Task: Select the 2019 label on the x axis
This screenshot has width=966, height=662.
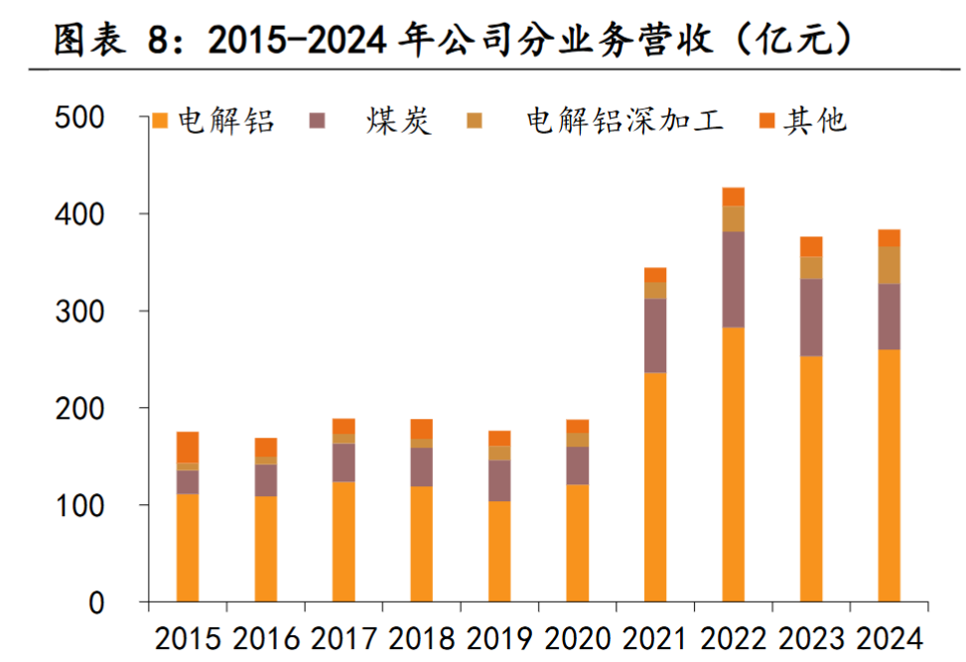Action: coord(498,635)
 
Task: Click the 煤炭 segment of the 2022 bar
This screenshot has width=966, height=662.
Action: coord(734,279)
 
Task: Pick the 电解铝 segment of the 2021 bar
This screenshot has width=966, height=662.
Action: coord(655,486)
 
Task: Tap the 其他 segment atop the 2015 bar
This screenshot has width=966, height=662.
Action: coord(188,447)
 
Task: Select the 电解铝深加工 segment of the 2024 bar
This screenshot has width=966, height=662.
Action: coord(889,265)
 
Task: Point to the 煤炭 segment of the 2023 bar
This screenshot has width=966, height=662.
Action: coord(811,317)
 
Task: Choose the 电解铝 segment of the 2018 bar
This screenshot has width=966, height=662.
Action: coord(421,544)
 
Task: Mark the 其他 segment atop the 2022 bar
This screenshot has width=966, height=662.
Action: coord(734,197)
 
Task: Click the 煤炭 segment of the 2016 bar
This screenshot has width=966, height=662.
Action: coord(265,480)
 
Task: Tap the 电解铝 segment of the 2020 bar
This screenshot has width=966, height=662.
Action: coord(577,543)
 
